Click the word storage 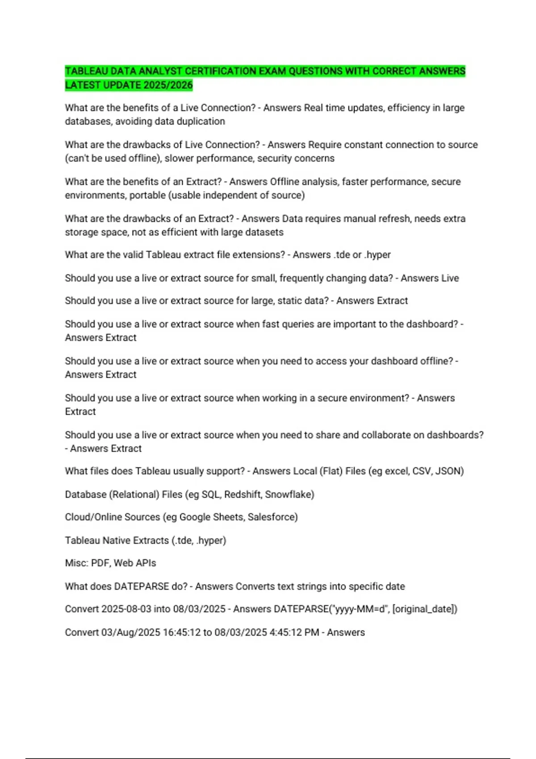(x=81, y=233)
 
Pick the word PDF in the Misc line (x=100, y=563)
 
